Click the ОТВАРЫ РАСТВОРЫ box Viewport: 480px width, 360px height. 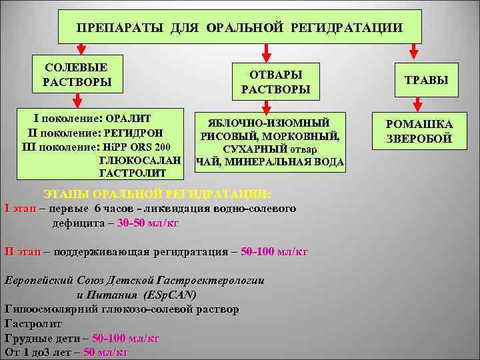pos(271,81)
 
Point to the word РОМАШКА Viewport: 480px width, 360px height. pos(420,125)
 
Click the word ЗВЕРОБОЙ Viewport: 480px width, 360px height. pos(420,138)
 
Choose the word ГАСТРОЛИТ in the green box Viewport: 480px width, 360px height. pos(131,173)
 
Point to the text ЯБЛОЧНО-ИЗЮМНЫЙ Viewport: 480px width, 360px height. pos(269,123)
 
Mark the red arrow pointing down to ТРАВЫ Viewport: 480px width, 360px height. pos(415,51)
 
